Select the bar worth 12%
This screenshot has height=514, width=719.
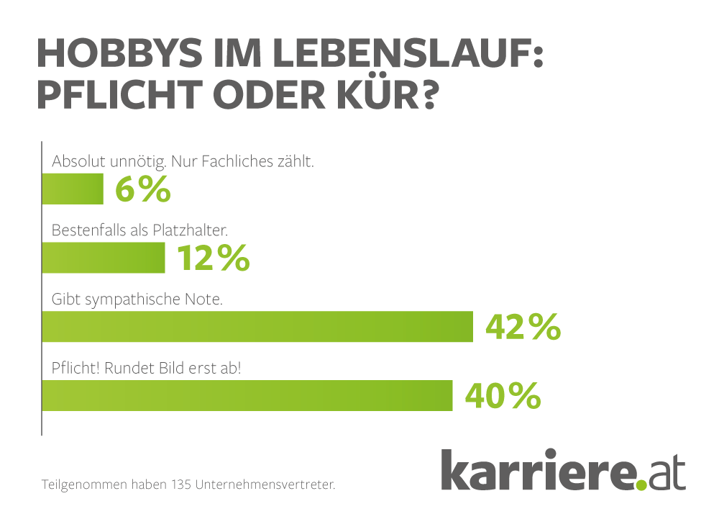[104, 258]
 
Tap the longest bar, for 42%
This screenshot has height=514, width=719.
[257, 326]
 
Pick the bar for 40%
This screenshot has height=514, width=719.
[247, 395]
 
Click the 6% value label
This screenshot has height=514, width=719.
[142, 189]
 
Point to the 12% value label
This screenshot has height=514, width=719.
[214, 258]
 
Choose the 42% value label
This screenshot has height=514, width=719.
[523, 327]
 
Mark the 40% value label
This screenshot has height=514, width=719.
[503, 395]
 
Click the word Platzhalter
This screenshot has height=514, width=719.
[190, 230]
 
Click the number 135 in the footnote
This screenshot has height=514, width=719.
[180, 484]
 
